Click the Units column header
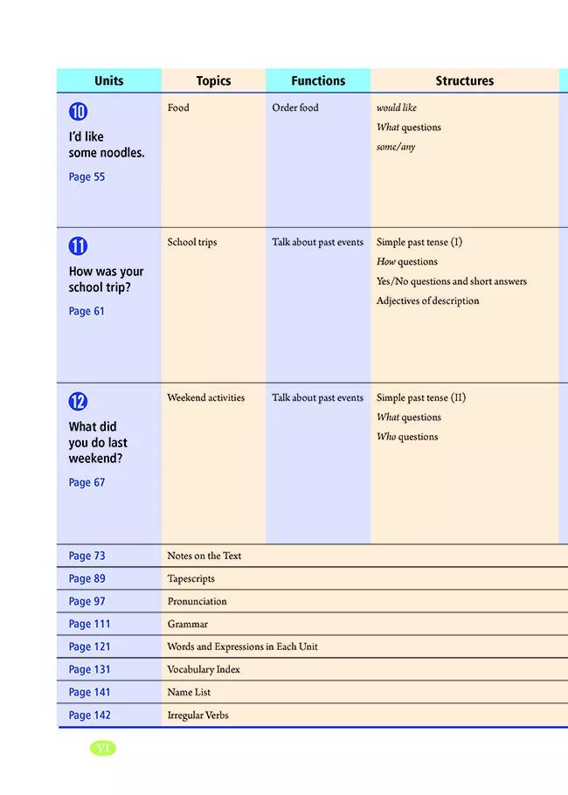(x=109, y=81)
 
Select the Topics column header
(x=213, y=81)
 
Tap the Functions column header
(x=318, y=81)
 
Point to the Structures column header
(x=464, y=81)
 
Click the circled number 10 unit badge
(x=79, y=112)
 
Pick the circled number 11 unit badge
(x=79, y=246)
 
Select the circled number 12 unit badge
(x=79, y=402)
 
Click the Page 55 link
(x=87, y=176)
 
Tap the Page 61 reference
(x=87, y=311)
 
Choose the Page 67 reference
(x=87, y=482)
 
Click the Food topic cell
(x=178, y=108)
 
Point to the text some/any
(x=396, y=148)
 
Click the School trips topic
(x=192, y=243)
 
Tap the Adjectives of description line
(x=427, y=301)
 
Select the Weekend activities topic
(x=206, y=398)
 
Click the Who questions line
(x=407, y=437)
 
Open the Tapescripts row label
(x=190, y=578)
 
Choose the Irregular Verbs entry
(x=197, y=715)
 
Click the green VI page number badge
(x=102, y=748)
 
